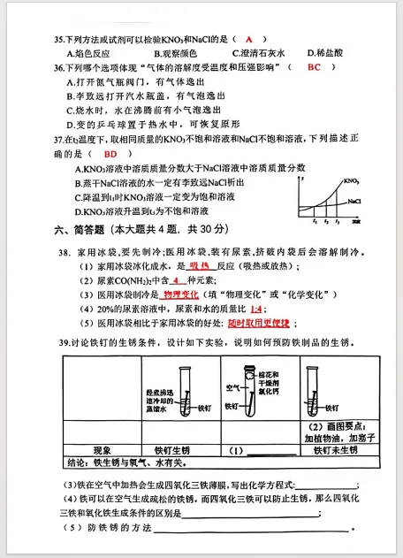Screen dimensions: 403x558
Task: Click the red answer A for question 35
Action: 250,40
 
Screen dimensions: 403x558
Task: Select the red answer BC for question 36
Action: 315,67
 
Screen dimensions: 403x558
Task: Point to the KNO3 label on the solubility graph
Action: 350,181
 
